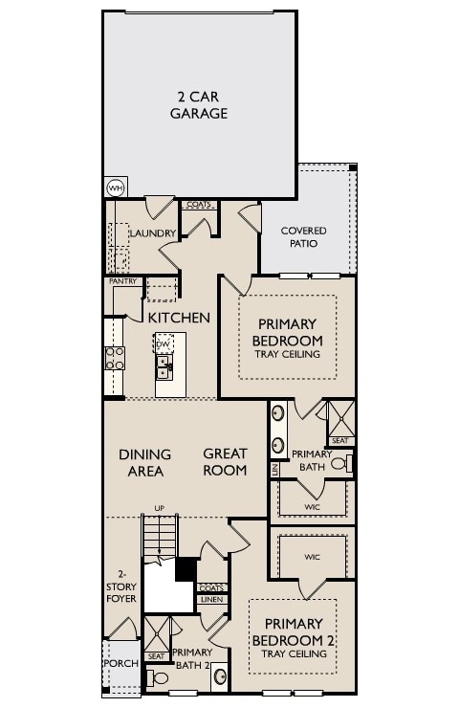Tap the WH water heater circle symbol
(116, 188)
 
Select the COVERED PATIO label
(303, 237)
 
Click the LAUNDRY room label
(152, 233)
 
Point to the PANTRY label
(122, 281)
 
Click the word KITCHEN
(179, 317)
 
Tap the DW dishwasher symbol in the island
(163, 343)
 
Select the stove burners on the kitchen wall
(114, 358)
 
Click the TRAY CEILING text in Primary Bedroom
(287, 354)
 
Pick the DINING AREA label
(145, 462)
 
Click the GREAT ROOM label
(225, 461)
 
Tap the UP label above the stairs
(160, 508)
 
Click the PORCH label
(120, 663)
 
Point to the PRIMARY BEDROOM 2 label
(287, 631)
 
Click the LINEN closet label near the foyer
(211, 600)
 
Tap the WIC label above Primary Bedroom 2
(312, 556)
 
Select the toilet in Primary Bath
(348, 464)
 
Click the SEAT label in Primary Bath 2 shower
(156, 656)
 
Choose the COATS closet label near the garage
(199, 205)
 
